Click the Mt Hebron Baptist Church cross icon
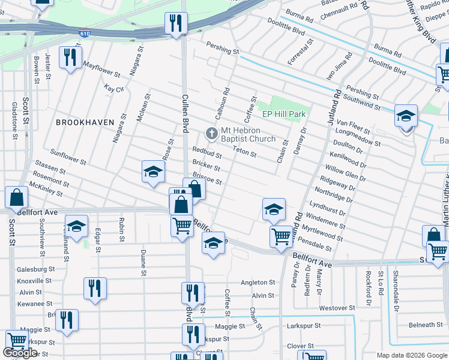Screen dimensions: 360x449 pos(211,133)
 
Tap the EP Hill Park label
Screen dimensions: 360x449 pos(284,114)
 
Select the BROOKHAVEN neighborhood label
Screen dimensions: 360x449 pos(85,122)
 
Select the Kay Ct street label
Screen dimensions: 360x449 pos(113,88)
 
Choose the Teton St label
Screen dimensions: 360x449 pos(244,152)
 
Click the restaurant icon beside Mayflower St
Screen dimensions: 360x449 pos(71,58)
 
